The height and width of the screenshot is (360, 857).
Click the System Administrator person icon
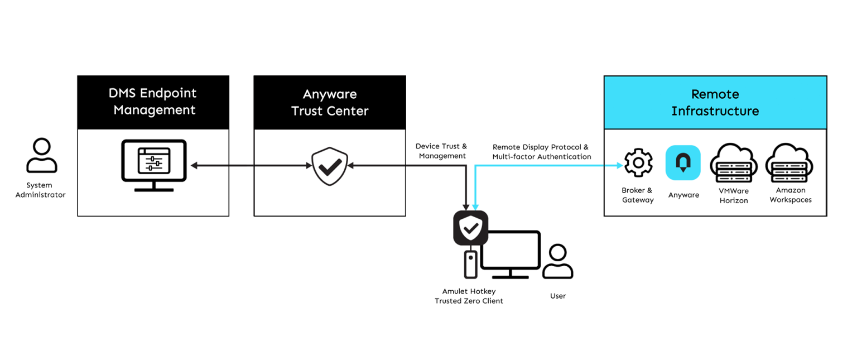point(42,155)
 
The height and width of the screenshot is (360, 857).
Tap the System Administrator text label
point(40,190)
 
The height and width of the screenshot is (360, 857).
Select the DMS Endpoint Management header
point(153,102)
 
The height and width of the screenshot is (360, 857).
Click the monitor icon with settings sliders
point(154,165)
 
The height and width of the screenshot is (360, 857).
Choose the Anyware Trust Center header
point(330,102)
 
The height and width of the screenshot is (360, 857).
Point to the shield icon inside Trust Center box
point(330,166)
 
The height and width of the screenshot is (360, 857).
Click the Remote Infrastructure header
point(715,102)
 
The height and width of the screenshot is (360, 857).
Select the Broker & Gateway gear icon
point(638,162)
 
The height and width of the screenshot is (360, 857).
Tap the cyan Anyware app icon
point(683,162)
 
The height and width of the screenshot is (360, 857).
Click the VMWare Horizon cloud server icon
point(734,163)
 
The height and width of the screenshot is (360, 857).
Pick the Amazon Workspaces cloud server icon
point(789,163)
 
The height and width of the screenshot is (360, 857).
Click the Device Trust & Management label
point(441,151)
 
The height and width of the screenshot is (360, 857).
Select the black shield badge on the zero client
point(470,228)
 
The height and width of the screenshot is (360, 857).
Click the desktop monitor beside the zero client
point(511,254)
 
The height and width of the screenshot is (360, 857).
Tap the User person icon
point(557,261)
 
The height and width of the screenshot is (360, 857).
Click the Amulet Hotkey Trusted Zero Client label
point(469,296)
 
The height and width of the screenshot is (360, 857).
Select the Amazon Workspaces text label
point(791,195)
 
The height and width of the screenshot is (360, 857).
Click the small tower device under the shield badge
point(470,265)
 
